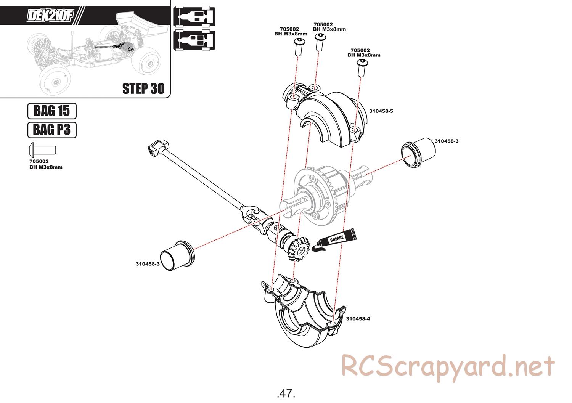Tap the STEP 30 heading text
pyautogui.click(x=143, y=88)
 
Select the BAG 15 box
pyautogui.click(x=52, y=111)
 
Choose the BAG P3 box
pyautogui.click(x=52, y=130)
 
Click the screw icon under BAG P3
pyautogui.click(x=42, y=149)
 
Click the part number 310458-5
pyautogui.click(x=381, y=111)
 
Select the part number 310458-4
pyautogui.click(x=358, y=319)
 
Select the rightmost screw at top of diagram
pyautogui.click(x=361, y=67)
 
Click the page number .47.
pyautogui.click(x=286, y=393)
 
